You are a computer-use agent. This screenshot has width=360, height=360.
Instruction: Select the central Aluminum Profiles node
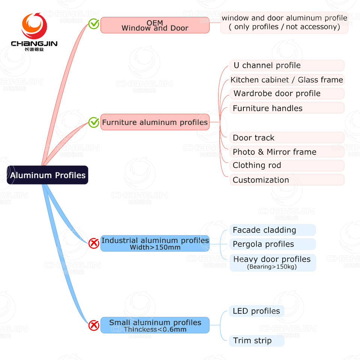click(48, 175)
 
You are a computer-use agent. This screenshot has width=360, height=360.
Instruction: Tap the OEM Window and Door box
click(154, 25)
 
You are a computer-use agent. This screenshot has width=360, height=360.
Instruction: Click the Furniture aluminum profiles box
click(154, 122)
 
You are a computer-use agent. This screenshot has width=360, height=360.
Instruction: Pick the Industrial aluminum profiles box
click(154, 243)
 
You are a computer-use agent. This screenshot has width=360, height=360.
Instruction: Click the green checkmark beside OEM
click(94, 24)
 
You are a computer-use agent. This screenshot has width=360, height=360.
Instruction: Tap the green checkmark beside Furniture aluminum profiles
click(94, 122)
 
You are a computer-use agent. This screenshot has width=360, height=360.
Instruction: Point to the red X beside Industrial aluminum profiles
click(94, 243)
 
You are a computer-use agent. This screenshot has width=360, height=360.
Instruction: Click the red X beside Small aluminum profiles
click(94, 325)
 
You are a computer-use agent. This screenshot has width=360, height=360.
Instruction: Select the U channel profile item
click(287, 66)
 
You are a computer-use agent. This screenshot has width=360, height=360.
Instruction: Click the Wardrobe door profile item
click(287, 93)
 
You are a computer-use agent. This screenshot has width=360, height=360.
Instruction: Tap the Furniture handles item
click(287, 108)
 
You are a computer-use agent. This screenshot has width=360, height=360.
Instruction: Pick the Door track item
click(287, 138)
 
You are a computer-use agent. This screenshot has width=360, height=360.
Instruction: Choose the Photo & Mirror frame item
click(287, 152)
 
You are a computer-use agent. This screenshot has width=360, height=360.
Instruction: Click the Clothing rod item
click(287, 165)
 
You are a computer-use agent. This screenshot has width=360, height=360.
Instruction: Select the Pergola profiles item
click(273, 244)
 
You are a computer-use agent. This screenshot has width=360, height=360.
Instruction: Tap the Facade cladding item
click(273, 230)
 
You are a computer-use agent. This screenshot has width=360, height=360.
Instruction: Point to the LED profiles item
click(256, 311)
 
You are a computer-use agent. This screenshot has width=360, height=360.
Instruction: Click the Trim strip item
click(256, 340)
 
